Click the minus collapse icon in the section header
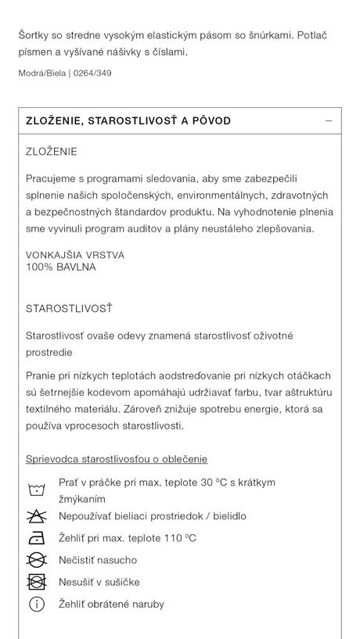tap(329, 121)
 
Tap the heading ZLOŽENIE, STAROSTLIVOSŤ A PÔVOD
tap(128, 121)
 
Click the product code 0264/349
tap(92, 74)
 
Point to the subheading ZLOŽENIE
tap(52, 152)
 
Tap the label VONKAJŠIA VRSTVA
tap(75, 255)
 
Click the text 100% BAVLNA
tap(61, 267)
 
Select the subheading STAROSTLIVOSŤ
tap(69, 309)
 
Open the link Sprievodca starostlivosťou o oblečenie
tap(117, 459)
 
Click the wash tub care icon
tap(37, 490)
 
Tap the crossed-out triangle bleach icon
tap(37, 516)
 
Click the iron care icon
tap(37, 538)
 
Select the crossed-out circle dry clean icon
tap(37, 560)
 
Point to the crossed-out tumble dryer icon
tap(37, 582)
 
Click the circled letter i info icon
tap(37, 604)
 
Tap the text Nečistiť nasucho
tap(98, 560)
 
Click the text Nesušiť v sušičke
tap(99, 582)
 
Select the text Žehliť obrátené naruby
tap(111, 604)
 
